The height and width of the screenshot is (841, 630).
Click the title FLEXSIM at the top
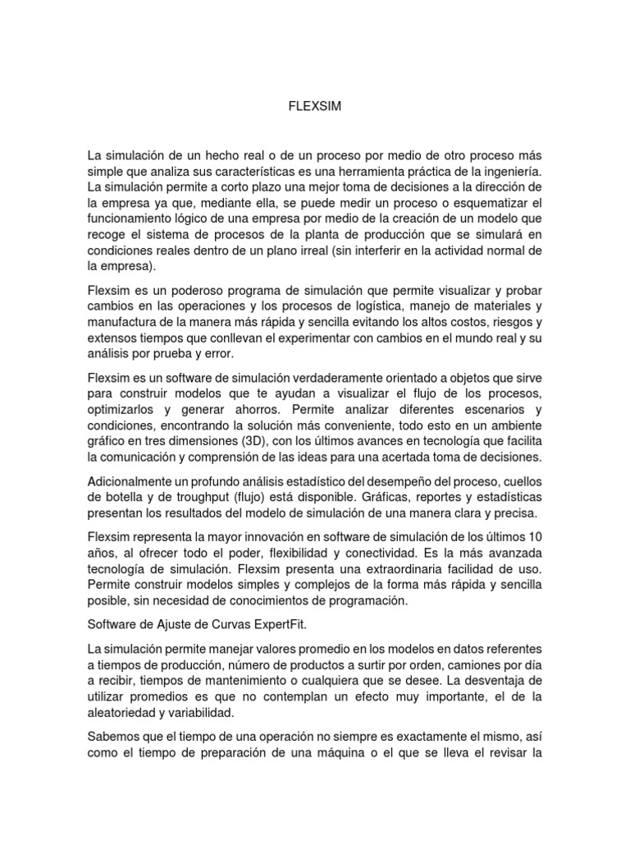tap(314, 106)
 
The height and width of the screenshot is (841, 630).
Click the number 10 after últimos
tap(536, 538)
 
